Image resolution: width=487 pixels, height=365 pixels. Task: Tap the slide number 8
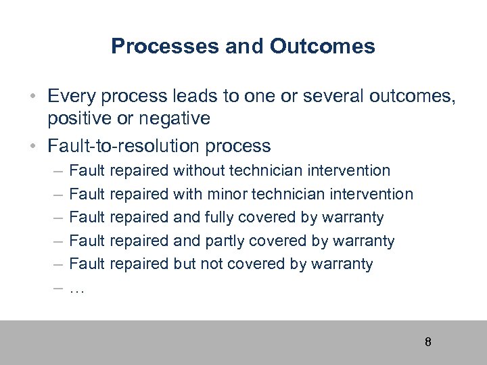pos(427,341)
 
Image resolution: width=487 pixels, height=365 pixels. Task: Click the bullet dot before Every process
pos(32,96)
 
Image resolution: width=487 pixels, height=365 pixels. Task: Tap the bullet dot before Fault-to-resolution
pos(32,145)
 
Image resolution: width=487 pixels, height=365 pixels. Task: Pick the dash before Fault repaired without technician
pos(54,171)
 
